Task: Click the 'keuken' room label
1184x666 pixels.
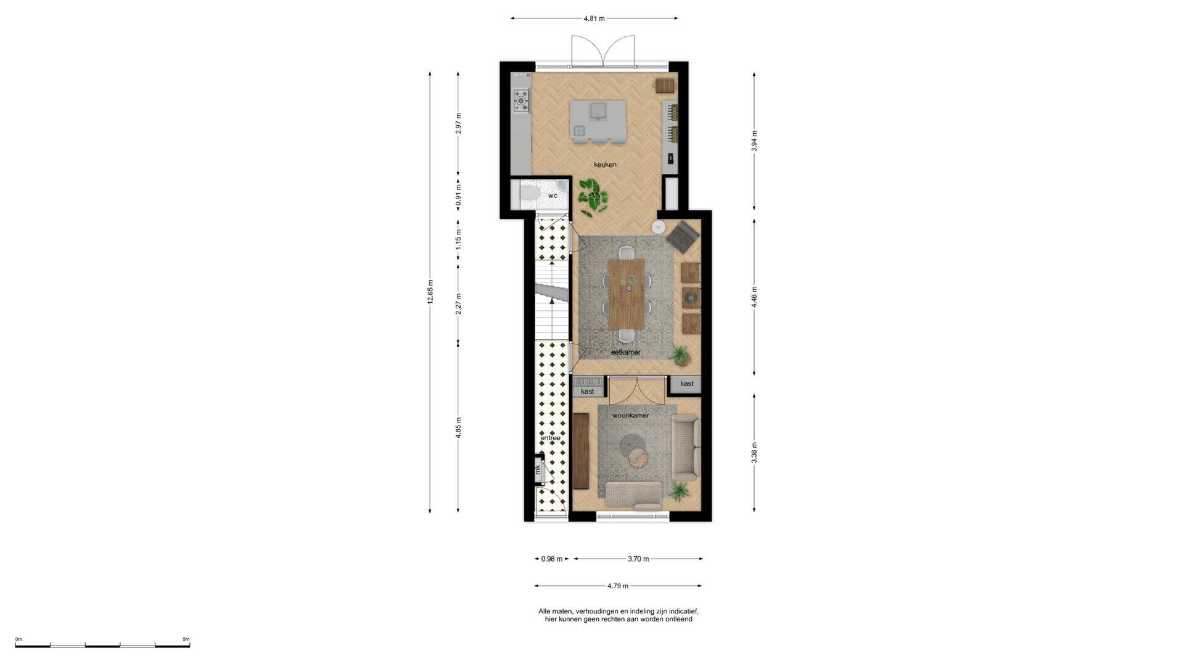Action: pos(605,165)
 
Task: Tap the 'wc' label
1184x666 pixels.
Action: pos(553,195)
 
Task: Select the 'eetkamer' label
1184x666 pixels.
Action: pos(625,352)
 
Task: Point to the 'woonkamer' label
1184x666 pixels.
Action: pos(630,416)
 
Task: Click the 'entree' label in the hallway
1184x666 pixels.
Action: pos(551,438)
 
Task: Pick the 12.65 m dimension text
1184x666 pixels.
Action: pos(430,292)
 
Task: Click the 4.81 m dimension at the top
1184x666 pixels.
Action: pos(594,18)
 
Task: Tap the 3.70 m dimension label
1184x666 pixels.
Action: pos(638,559)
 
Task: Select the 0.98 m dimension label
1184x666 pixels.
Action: pos(552,559)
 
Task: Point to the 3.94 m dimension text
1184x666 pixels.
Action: pos(754,141)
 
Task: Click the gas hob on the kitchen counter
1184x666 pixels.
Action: pos(522,98)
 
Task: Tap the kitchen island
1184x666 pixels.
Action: pos(598,121)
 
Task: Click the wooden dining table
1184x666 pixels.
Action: pos(627,294)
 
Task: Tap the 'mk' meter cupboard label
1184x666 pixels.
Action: pos(538,470)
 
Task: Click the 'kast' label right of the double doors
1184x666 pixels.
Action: pos(687,384)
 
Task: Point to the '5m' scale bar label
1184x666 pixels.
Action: pos(186,639)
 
